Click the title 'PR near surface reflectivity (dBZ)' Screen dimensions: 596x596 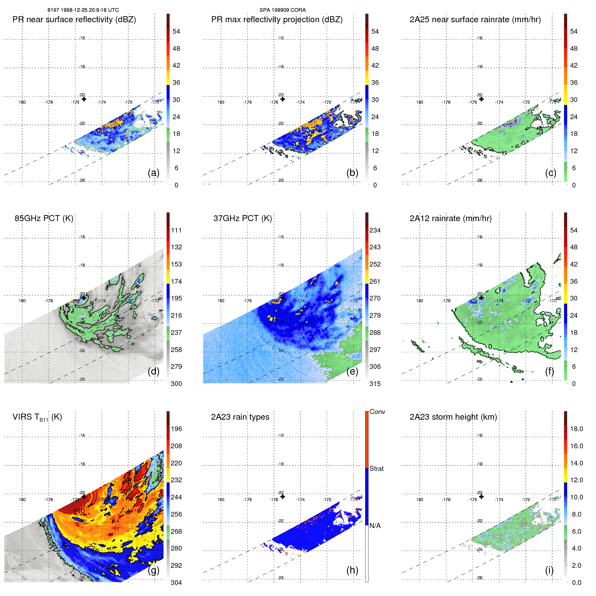74,20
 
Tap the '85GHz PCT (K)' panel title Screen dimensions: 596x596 44,218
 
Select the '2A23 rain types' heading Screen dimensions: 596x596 240,417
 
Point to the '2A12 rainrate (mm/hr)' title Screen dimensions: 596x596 451,218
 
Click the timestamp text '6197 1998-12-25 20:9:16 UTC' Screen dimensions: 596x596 83,10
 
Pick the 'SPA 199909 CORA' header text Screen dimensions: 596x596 282,10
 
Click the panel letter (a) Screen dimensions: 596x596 153,173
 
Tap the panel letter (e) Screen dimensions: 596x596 352,371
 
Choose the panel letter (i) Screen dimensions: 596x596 549,570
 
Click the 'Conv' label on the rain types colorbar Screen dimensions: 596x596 377,412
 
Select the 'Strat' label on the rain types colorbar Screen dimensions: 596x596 376,468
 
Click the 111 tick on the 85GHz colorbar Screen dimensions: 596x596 176,230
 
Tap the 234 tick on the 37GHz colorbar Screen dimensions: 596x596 375,230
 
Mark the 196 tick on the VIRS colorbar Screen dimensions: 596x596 176,429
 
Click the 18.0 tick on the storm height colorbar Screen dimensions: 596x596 576,429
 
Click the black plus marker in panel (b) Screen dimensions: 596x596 283,99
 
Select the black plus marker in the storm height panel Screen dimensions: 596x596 481,497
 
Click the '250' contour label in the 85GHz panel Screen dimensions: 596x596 105,314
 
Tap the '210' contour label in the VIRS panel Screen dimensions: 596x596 79,512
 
